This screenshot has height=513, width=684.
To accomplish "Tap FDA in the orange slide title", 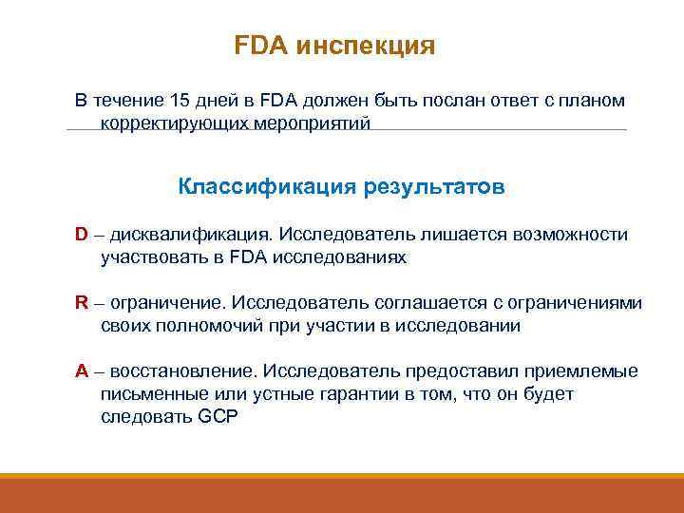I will (x=261, y=47).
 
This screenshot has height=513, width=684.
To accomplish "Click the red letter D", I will (x=82, y=235).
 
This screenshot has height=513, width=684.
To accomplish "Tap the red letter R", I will (x=82, y=303).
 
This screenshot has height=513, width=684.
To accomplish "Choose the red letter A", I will (x=82, y=371).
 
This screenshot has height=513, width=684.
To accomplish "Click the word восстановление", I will (x=185, y=371).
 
